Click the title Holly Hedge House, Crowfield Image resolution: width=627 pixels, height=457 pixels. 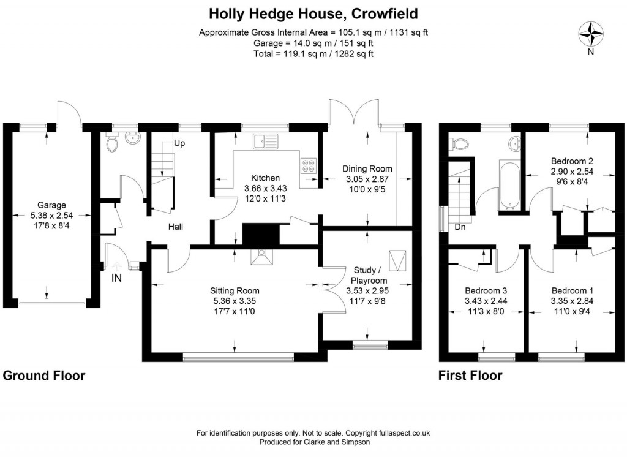(x=313, y=13)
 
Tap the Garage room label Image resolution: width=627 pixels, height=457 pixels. (x=51, y=205)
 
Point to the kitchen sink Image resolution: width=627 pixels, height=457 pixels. (x=265, y=140)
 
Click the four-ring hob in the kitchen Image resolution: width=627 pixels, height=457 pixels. (x=307, y=165)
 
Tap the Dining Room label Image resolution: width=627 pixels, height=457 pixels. (x=367, y=169)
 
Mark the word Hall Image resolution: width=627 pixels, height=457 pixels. (x=176, y=227)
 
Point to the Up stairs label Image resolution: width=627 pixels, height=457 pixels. (x=179, y=143)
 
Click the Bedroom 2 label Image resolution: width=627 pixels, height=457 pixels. (x=573, y=161)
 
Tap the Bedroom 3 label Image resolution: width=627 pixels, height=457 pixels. (x=486, y=290)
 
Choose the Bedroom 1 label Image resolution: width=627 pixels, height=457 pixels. (x=572, y=290)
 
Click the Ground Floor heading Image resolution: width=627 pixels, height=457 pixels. (x=44, y=376)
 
